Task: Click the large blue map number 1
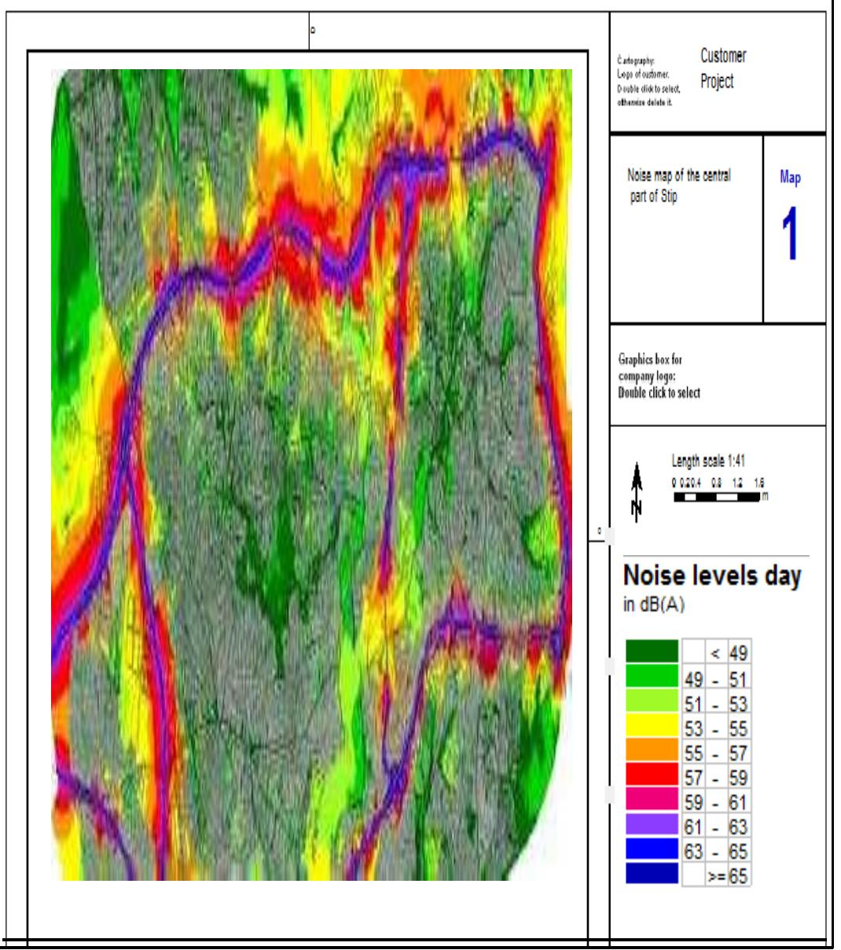coord(790,233)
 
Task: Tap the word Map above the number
coord(790,178)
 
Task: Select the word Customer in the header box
coord(723,56)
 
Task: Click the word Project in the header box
coord(717,81)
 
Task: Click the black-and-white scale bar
coord(717,497)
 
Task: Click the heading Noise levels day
coord(712,576)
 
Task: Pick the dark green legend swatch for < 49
coord(652,652)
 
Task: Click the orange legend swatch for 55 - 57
coord(652,752)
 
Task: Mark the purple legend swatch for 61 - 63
coord(652,826)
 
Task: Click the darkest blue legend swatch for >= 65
coord(652,875)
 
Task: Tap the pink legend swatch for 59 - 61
coord(652,801)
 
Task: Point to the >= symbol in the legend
coord(717,876)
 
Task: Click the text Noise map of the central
coord(678,176)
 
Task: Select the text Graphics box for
coord(650,360)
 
